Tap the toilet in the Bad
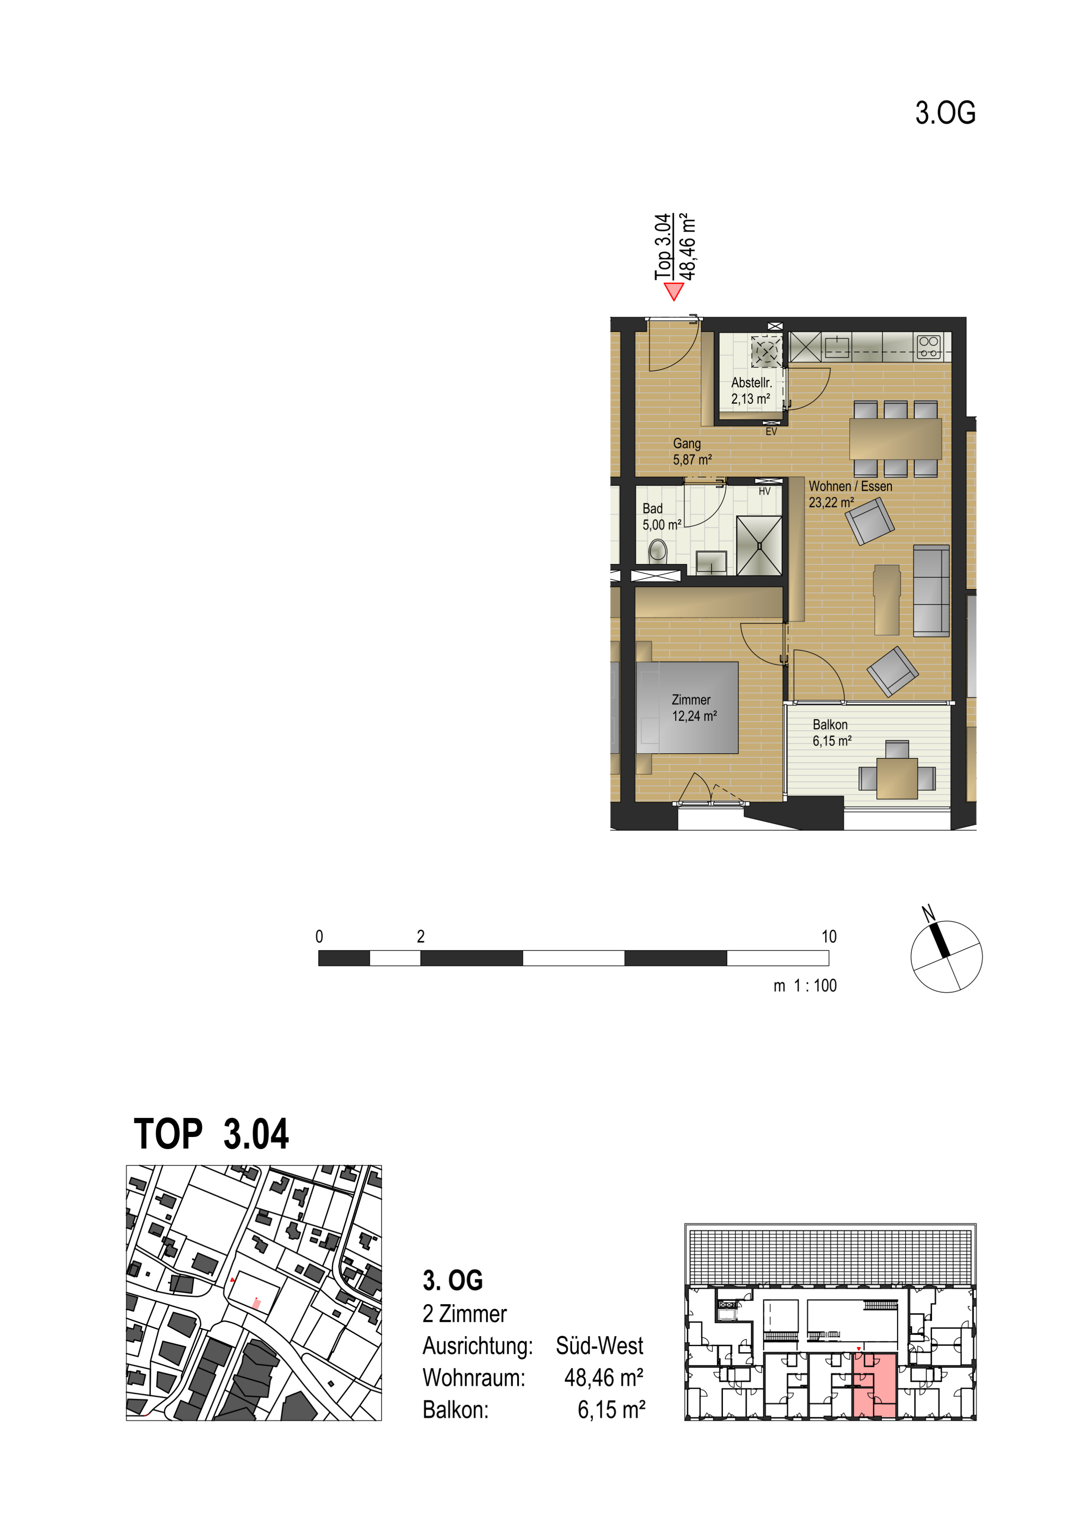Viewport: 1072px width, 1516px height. (657, 551)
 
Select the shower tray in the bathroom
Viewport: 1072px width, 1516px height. (759, 545)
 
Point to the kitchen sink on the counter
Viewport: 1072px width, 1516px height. (837, 346)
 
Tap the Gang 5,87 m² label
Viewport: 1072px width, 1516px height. (692, 452)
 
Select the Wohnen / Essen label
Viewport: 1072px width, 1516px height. (850, 486)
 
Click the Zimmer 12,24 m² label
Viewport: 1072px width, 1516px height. (694, 707)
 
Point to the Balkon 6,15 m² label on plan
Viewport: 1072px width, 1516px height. (832, 733)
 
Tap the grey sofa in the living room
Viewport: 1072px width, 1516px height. (931, 591)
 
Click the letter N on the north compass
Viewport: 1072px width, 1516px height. (928, 914)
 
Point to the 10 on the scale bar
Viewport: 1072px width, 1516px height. (829, 936)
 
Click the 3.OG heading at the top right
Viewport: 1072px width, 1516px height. (945, 113)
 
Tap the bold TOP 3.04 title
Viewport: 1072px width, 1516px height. (211, 1134)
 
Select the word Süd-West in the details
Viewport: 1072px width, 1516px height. (599, 1346)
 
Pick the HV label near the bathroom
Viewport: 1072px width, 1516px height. (764, 491)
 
